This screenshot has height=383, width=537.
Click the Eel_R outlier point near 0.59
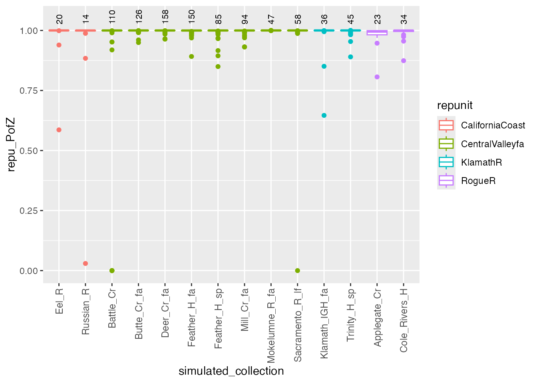pyautogui.click(x=59, y=130)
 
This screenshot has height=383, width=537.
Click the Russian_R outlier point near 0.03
pyautogui.click(x=85, y=263)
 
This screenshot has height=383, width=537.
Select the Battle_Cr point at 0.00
pyautogui.click(x=112, y=270)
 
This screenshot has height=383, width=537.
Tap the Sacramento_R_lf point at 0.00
pyautogui.click(x=297, y=270)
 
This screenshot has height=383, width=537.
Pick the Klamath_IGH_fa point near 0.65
pyautogui.click(x=324, y=115)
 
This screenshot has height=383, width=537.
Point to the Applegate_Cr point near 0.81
pyautogui.click(x=377, y=77)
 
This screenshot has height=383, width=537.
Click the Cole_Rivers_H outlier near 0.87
pyautogui.click(x=404, y=61)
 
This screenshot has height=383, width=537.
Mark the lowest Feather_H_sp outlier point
pyautogui.click(x=218, y=67)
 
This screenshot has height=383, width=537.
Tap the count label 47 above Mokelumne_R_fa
pyautogui.click(x=271, y=19)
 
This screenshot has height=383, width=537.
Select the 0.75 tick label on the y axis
pyautogui.click(x=28, y=91)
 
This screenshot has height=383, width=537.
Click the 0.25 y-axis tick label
pyautogui.click(x=28, y=211)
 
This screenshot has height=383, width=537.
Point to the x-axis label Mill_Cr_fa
pyautogui.click(x=245, y=310)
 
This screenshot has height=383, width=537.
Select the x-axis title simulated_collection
pyautogui.click(x=231, y=371)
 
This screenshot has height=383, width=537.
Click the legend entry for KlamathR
pyautogui.click(x=481, y=162)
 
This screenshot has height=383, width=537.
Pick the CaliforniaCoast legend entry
pyautogui.click(x=493, y=125)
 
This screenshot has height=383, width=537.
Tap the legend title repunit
pyautogui.click(x=455, y=105)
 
